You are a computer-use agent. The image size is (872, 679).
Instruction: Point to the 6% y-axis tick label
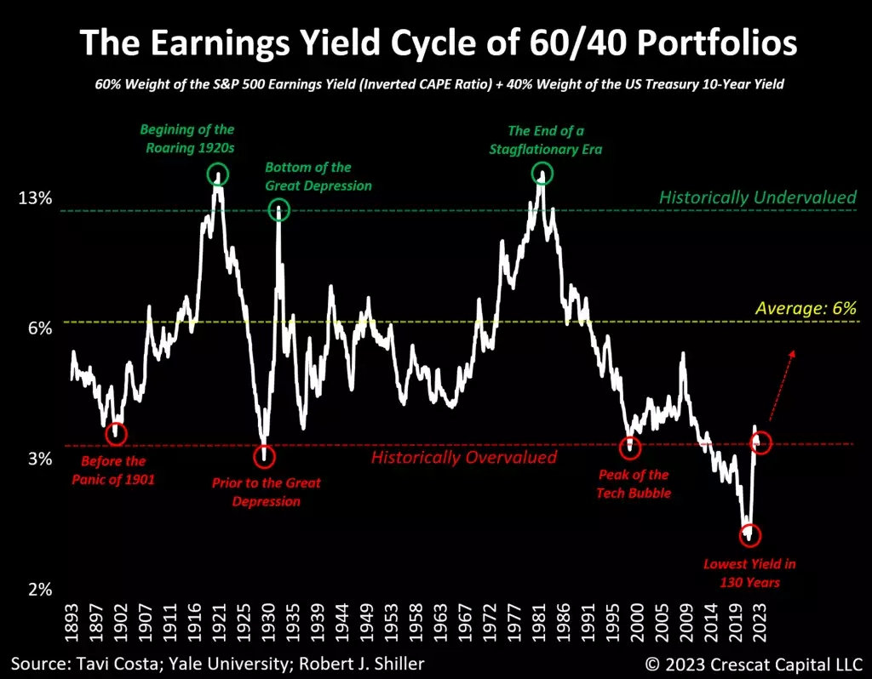pos(39,328)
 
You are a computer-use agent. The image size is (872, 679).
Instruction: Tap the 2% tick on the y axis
pos(39,590)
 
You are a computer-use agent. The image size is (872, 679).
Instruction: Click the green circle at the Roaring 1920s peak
pos(218,174)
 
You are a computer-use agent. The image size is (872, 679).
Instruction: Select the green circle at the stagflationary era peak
pos(542,174)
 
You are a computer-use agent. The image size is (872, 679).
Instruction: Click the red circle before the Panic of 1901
pos(116,433)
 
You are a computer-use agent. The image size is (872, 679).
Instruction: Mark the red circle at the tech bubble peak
pos(630,446)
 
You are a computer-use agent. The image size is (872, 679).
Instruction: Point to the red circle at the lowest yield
pos(750,535)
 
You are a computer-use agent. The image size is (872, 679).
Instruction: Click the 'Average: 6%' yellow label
pos(806,308)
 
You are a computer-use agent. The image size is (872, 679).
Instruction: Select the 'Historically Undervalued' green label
pos(757,197)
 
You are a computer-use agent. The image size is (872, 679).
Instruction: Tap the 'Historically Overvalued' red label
pos(463,458)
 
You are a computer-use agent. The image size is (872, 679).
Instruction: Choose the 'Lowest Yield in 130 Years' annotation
pos(749,573)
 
